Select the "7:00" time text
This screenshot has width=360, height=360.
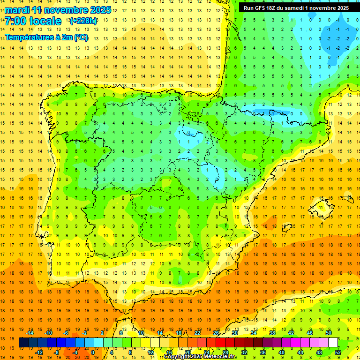[15, 21]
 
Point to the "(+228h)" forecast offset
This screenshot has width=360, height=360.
[83, 21]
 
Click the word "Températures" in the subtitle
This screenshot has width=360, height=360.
[29, 37]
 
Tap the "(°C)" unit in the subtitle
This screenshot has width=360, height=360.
[80, 37]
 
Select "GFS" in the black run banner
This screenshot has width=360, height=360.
[261, 8]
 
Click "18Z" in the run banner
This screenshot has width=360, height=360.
[275, 8]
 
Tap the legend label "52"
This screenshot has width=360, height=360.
[338, 352]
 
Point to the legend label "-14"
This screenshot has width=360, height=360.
[30, 333]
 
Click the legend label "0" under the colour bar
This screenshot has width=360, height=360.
[93, 352]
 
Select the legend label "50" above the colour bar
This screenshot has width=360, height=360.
[329, 333]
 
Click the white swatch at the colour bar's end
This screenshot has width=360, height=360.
[333, 343]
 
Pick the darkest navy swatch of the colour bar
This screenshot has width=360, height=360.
[23, 343]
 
